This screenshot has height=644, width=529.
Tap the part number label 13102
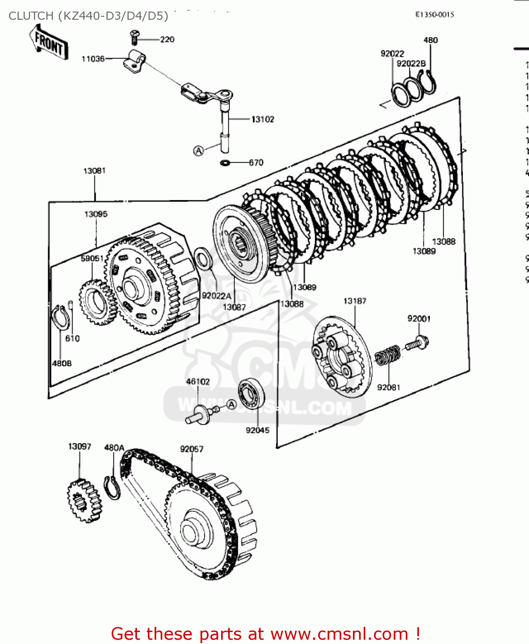point(262,119)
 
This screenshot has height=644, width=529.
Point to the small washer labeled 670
point(225,163)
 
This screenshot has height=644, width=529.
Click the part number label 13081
point(94,171)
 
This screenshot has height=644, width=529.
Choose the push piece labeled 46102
point(200,414)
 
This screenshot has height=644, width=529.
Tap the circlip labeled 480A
point(112,488)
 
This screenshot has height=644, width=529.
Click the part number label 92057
point(192,449)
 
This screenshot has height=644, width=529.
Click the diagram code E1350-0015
point(434,15)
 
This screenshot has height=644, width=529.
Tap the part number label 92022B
point(411,64)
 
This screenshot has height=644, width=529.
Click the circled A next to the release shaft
point(198,151)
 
